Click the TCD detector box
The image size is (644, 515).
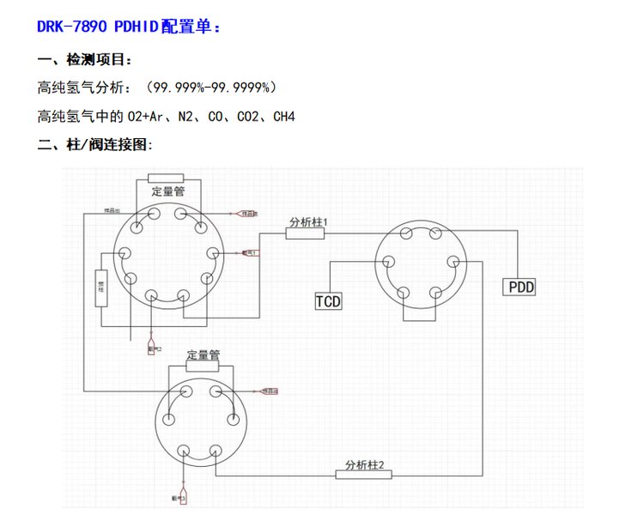pos(328,300)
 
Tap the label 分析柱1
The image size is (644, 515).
pos(309,222)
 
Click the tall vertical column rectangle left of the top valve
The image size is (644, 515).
pos(100,288)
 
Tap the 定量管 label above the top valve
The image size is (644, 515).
pos(168,191)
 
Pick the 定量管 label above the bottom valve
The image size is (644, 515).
pos(204,354)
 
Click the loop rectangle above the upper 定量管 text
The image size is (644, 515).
pos(167,178)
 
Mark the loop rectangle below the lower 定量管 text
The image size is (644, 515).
pos(204,366)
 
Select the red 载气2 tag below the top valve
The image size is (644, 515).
pos(153,348)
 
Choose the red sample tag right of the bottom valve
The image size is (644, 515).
pos(270,391)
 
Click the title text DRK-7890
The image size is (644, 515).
pos(72,27)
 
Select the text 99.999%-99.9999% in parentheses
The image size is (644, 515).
pos(210,88)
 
